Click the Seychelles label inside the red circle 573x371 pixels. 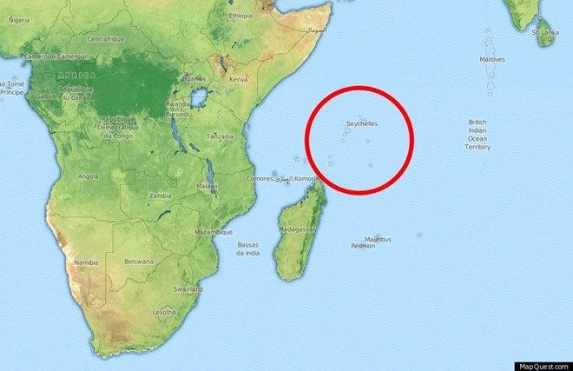click(x=361, y=123)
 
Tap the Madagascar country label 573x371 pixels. click(x=297, y=229)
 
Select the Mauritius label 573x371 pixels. click(x=378, y=239)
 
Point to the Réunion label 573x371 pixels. click(x=362, y=246)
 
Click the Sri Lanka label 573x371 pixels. click(x=544, y=31)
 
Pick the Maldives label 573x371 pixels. click(x=492, y=59)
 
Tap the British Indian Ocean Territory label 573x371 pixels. click(x=478, y=135)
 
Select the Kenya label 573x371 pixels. click(x=238, y=79)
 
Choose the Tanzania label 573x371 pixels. click(x=219, y=136)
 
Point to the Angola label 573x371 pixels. click(x=88, y=176)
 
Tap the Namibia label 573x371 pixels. click(x=86, y=262)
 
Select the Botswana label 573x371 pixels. click(x=139, y=261)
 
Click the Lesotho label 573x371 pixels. click(x=165, y=311)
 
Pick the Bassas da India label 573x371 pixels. click(x=248, y=248)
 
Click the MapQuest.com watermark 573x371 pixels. click(x=545, y=365)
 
